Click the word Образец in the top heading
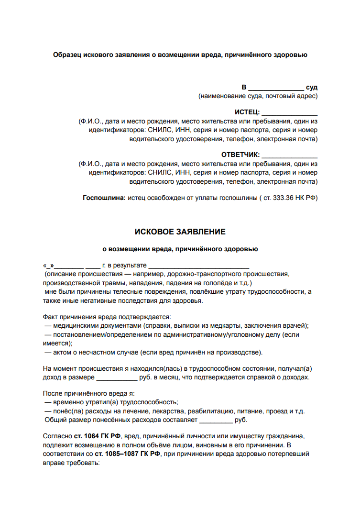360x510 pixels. coord(67,55)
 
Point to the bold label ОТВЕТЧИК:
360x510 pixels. coord(240,155)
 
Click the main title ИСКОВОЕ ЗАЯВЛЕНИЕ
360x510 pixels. coord(180,232)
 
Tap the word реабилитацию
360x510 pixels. coord(209,411)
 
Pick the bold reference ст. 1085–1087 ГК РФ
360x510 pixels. coord(127,454)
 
